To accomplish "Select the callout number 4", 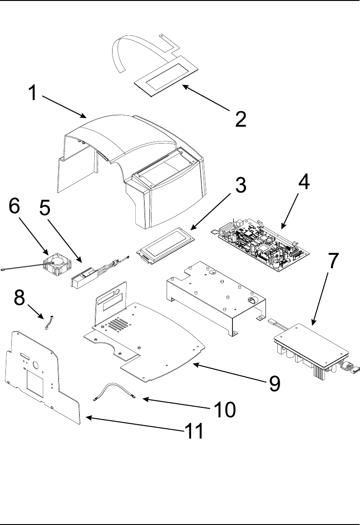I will point(304,183).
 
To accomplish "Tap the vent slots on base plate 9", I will point(117,324).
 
